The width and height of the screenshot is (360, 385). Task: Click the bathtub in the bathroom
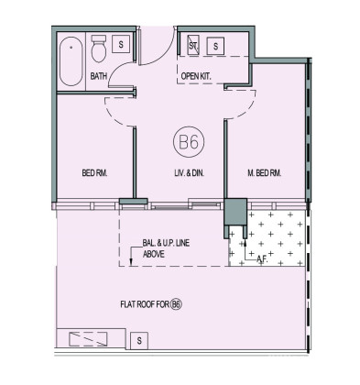[x=71, y=61]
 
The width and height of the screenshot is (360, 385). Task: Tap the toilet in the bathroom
[x=99, y=49]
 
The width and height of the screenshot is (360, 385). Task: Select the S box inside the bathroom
[x=121, y=44]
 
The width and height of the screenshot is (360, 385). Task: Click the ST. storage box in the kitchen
[x=192, y=45]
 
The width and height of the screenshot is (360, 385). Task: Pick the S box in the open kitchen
[x=215, y=46]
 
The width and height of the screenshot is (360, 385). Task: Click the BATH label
[x=99, y=76]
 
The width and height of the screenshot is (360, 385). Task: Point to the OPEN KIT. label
[x=196, y=76]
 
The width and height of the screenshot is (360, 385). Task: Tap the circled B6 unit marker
[x=189, y=142]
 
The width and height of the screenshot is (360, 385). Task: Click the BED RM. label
[x=94, y=173]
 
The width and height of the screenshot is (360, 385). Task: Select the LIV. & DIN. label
[x=188, y=173]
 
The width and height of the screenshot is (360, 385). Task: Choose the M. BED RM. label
[x=264, y=173]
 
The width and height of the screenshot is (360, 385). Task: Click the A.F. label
[x=262, y=259]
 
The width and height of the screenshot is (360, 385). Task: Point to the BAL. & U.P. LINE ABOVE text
[x=166, y=248]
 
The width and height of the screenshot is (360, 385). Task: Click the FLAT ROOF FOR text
[x=145, y=304]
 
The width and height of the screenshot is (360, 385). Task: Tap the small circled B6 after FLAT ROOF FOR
[x=177, y=304]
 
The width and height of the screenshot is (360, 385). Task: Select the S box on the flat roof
[x=139, y=341]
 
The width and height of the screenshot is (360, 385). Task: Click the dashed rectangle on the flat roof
[x=88, y=339]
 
